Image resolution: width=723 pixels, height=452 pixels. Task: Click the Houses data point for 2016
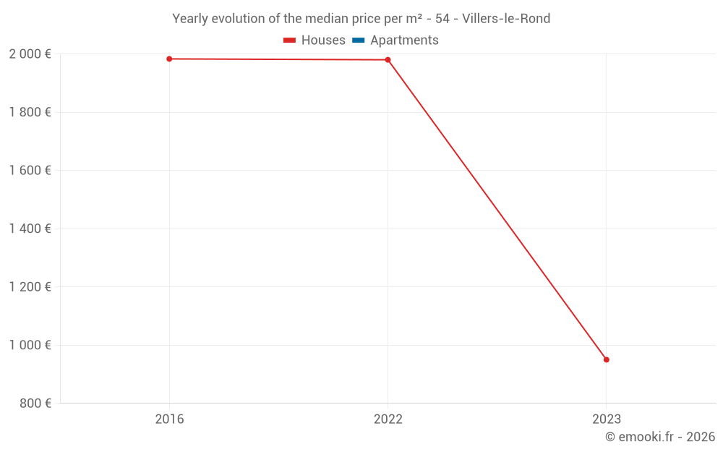click(x=169, y=59)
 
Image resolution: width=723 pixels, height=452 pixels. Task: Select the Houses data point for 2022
click(x=388, y=60)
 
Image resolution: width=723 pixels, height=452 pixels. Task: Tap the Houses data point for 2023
click(x=606, y=359)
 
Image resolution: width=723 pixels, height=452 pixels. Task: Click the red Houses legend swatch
click(x=289, y=40)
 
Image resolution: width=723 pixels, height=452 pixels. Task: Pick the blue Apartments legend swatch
click(x=358, y=40)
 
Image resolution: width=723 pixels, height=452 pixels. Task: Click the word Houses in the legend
click(x=323, y=40)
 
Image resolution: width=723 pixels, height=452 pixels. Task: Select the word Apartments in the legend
click(x=404, y=40)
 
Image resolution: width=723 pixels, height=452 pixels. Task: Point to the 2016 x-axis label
click(x=169, y=419)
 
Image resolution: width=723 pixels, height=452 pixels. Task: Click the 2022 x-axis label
click(x=388, y=419)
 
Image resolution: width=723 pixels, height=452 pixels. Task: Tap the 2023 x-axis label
click(x=606, y=419)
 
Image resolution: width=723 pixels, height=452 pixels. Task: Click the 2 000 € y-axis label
click(x=30, y=54)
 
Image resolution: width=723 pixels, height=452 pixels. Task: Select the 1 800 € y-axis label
click(x=30, y=112)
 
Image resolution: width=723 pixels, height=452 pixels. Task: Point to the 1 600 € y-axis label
click(x=30, y=171)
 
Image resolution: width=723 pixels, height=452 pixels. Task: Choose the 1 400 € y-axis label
click(x=30, y=229)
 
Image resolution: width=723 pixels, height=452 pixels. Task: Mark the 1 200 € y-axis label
click(x=30, y=287)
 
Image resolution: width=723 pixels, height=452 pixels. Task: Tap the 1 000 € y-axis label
click(x=30, y=345)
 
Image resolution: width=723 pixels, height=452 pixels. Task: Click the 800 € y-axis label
click(x=34, y=404)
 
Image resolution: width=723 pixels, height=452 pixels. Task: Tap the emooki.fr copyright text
click(x=660, y=437)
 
